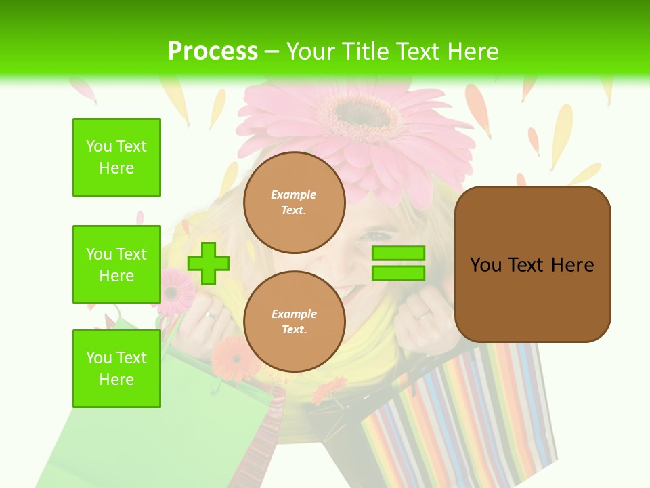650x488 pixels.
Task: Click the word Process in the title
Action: click(x=213, y=51)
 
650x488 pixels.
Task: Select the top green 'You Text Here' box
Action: click(x=116, y=157)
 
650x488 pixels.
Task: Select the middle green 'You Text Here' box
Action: click(x=116, y=264)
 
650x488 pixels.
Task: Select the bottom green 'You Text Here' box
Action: click(x=116, y=369)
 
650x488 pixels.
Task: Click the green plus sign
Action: click(x=209, y=263)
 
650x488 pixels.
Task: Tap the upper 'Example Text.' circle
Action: click(x=295, y=202)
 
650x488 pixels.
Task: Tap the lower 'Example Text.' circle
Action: click(x=295, y=321)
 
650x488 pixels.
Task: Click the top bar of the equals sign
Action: click(x=398, y=253)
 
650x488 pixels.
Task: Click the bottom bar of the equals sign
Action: click(x=398, y=273)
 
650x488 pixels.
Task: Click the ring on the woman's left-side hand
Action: click(x=213, y=315)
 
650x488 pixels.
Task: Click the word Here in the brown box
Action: click(x=572, y=265)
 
